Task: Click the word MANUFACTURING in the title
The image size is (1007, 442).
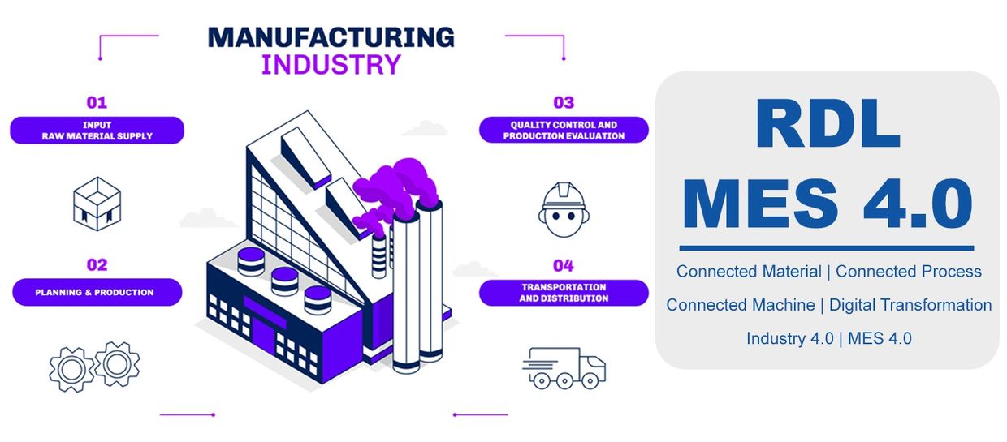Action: (x=331, y=37)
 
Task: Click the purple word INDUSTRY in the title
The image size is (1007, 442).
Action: (x=331, y=64)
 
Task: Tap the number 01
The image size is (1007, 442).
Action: (x=97, y=103)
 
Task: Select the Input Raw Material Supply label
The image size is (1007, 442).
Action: (x=97, y=131)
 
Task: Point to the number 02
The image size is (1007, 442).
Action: (x=97, y=265)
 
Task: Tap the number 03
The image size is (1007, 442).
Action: (x=564, y=103)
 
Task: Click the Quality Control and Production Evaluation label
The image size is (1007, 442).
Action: (x=564, y=131)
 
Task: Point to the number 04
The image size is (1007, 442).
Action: (x=564, y=265)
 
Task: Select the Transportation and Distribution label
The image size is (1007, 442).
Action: (x=564, y=293)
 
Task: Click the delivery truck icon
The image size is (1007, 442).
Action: (x=564, y=367)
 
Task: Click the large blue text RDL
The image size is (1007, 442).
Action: (x=828, y=125)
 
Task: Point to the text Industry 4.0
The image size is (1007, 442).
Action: (x=790, y=338)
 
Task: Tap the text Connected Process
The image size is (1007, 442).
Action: (x=909, y=272)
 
